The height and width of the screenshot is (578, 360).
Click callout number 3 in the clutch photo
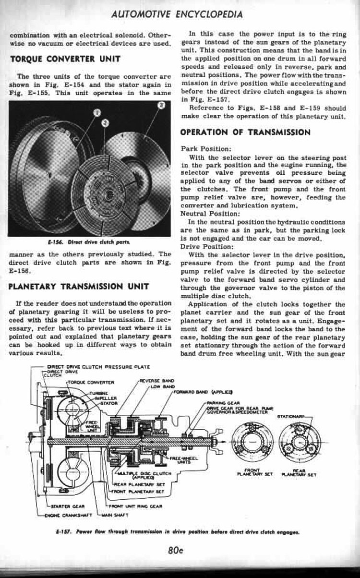[162, 105]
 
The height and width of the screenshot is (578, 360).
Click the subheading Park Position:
[200, 149]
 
